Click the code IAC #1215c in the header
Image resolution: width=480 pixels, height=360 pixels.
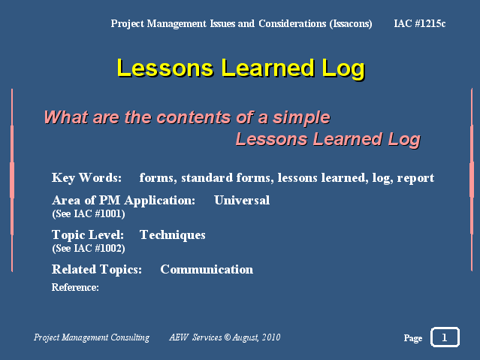420,23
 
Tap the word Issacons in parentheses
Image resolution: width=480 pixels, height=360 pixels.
351,24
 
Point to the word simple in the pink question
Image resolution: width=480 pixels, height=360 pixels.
301,119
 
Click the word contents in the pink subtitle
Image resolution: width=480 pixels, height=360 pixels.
194,117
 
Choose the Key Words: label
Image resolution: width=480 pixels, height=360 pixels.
86,178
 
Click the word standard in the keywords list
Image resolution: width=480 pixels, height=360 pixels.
207,177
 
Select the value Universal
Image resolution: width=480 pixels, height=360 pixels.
242,201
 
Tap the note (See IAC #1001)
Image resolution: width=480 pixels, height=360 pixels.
89,214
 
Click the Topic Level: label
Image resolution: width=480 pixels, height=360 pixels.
88,235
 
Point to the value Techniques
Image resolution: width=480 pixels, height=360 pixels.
173,235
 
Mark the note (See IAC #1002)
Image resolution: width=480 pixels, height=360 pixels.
89,249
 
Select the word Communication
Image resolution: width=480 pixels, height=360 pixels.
207,270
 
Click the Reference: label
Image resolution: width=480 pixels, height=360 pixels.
75,287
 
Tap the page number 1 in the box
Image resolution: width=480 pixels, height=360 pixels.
445,337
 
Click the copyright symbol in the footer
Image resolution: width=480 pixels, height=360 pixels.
227,337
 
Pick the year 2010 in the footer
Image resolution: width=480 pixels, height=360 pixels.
271,337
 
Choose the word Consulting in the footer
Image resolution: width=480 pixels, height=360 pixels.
130,337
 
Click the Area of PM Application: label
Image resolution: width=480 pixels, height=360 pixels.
124,201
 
